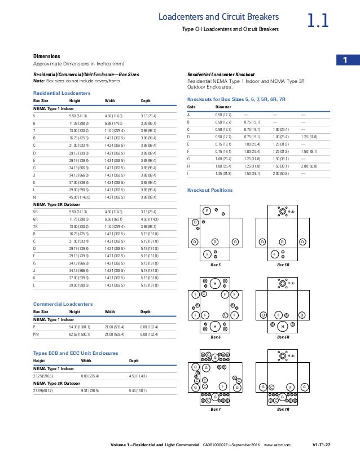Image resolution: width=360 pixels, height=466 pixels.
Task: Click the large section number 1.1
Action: [318, 22]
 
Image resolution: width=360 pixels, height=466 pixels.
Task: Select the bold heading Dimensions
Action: [46, 56]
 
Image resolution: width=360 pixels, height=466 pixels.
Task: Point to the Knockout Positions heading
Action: [209, 190]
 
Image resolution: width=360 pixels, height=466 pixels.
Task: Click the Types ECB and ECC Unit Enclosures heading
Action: [76, 353]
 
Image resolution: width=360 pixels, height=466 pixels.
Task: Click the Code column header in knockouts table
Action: [191, 106]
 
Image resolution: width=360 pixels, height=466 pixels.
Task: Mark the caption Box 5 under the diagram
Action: [215, 264]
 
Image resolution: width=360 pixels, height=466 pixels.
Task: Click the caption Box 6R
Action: [283, 336]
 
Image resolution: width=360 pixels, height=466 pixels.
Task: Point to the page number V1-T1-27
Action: [321, 446]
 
